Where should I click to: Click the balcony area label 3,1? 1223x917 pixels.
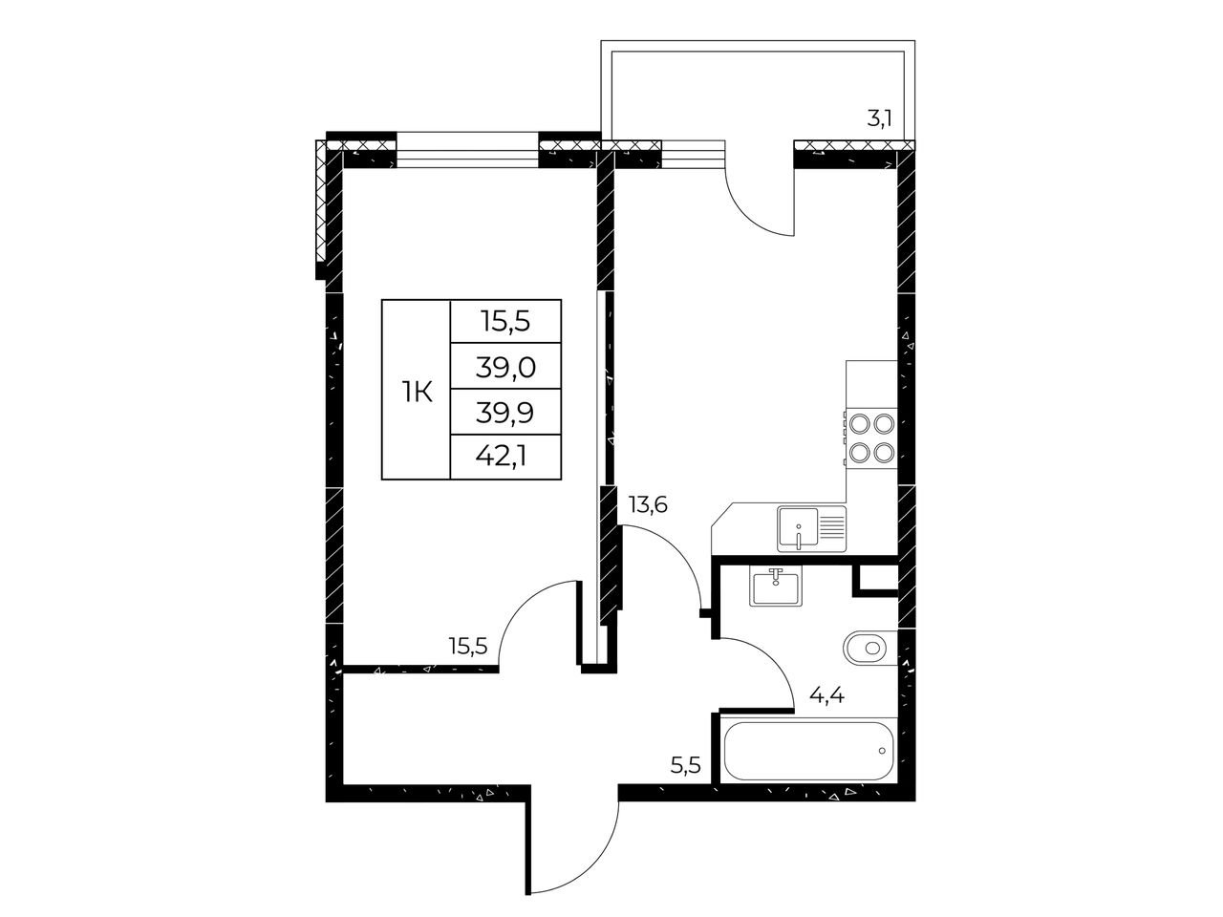(x=879, y=119)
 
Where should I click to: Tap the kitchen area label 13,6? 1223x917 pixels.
(x=648, y=505)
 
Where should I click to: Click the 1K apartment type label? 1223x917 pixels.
(x=417, y=394)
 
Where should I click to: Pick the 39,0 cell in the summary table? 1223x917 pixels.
(x=505, y=368)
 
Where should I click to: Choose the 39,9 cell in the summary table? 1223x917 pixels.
(x=505, y=413)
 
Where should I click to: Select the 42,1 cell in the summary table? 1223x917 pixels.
(x=505, y=458)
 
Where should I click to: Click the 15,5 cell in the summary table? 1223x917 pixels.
(x=505, y=322)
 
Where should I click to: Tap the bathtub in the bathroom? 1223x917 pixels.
(x=809, y=751)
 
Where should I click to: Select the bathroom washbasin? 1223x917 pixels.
(x=776, y=588)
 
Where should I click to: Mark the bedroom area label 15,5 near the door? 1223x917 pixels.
(x=468, y=647)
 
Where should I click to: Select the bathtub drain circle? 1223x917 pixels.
(x=882, y=751)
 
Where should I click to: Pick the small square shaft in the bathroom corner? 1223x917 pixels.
(x=876, y=579)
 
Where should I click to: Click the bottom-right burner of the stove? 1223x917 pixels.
(x=884, y=452)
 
